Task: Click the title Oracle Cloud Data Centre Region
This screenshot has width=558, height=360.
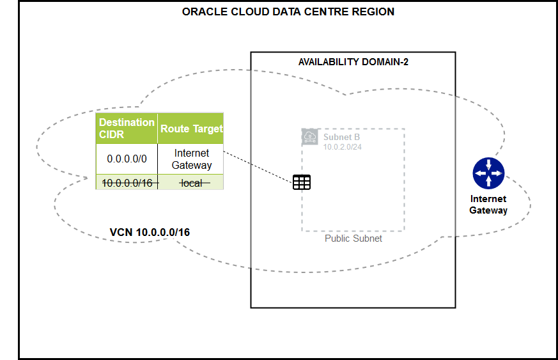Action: [x=288, y=12]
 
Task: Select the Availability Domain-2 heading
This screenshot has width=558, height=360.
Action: [x=353, y=61]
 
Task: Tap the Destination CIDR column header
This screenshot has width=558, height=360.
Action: [x=127, y=128]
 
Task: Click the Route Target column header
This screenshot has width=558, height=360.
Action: [x=191, y=129]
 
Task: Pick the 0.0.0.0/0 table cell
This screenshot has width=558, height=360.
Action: [x=127, y=159]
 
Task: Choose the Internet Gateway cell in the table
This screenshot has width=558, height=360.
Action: [x=191, y=159]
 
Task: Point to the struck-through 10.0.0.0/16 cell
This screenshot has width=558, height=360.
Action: [x=127, y=183]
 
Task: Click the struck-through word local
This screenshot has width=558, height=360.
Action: [x=191, y=183]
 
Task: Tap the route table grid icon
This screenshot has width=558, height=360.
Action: [x=302, y=182]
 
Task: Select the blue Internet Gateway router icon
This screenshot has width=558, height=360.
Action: [x=489, y=173]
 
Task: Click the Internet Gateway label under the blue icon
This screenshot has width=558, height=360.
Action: [x=488, y=205]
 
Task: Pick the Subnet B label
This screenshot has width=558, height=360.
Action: [x=341, y=137]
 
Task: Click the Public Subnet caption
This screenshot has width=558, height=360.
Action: [x=353, y=239]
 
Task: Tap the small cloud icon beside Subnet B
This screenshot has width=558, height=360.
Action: [x=309, y=136]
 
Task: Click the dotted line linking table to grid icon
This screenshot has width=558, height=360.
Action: [x=259, y=168]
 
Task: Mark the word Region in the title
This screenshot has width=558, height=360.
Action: [x=374, y=12]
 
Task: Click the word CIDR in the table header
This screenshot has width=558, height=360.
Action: [x=111, y=134]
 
